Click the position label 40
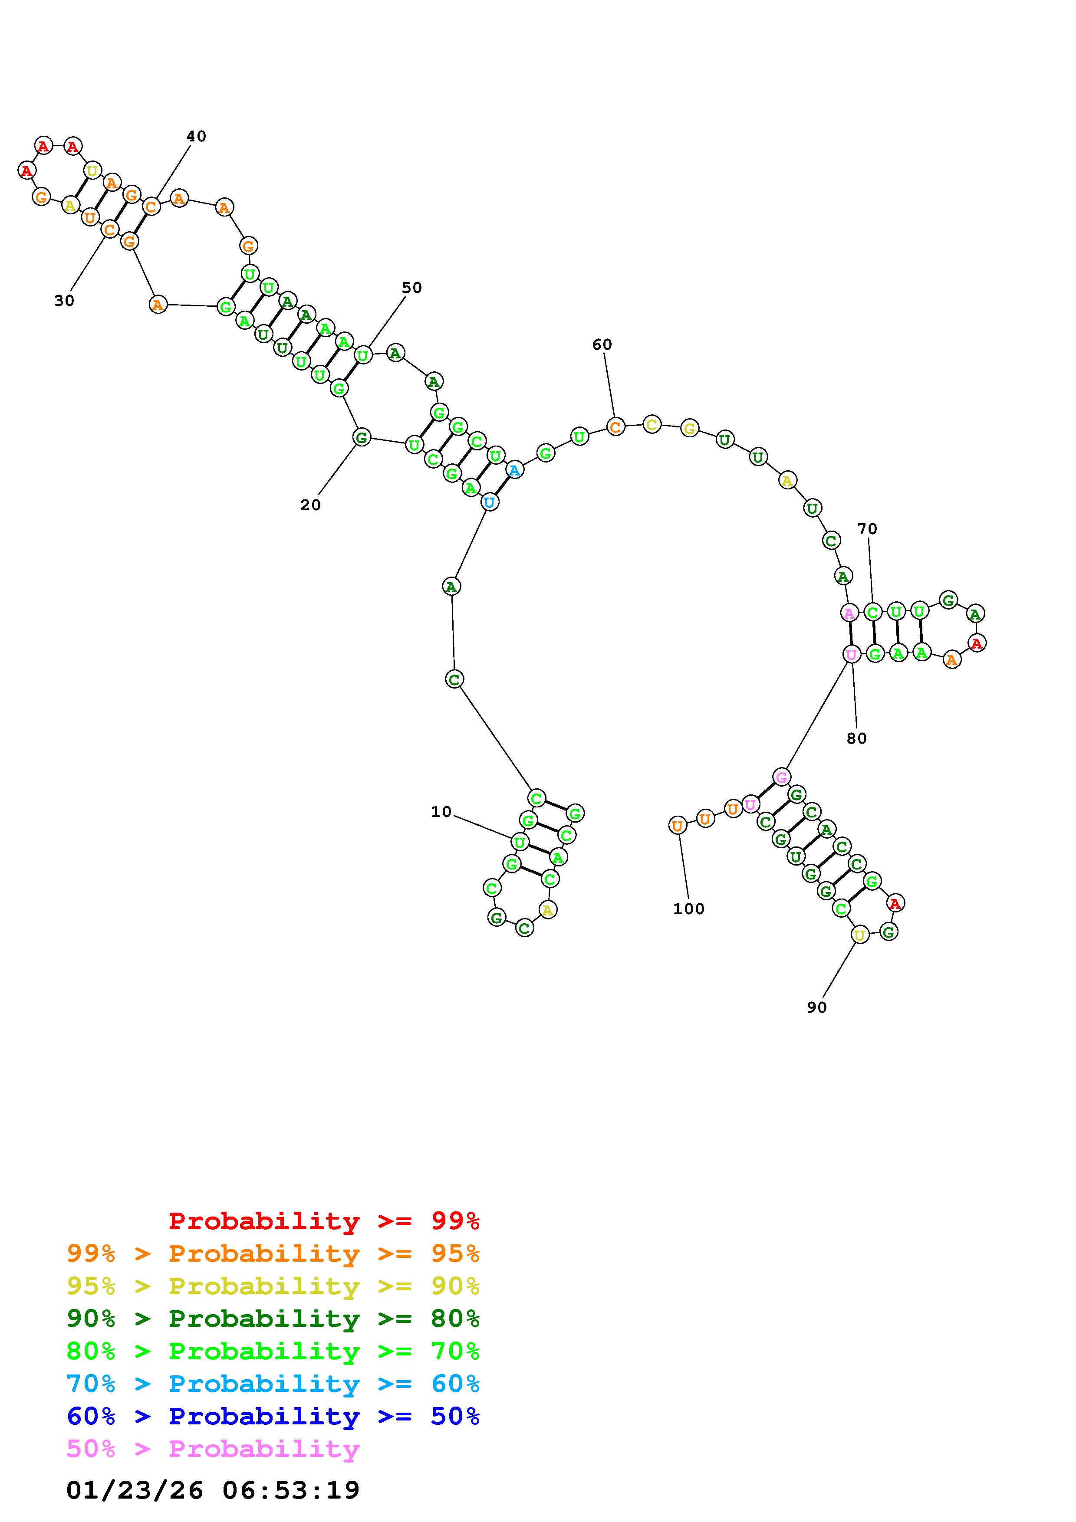pos(196,137)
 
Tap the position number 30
pos(64,301)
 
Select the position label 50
pos(412,288)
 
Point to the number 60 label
pos(602,344)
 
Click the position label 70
pos(867,529)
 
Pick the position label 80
pos(856,738)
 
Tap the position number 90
pos(817,1007)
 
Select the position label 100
pos(689,909)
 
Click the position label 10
pos(441,812)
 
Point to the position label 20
pos(310,505)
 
